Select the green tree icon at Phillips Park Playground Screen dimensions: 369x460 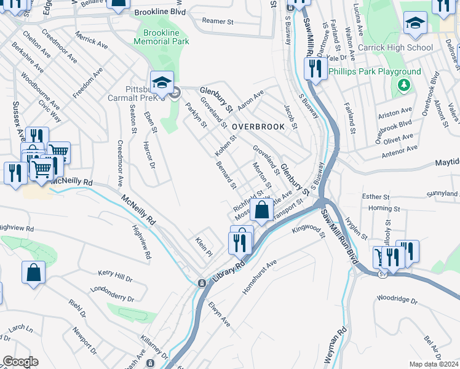click(404, 84)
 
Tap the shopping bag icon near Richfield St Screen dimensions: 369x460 click(261, 210)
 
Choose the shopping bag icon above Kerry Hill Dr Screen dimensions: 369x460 click(34, 272)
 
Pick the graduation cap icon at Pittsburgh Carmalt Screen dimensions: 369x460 click(162, 82)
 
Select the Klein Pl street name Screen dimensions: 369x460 click(204, 246)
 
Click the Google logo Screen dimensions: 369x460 click(20, 362)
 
